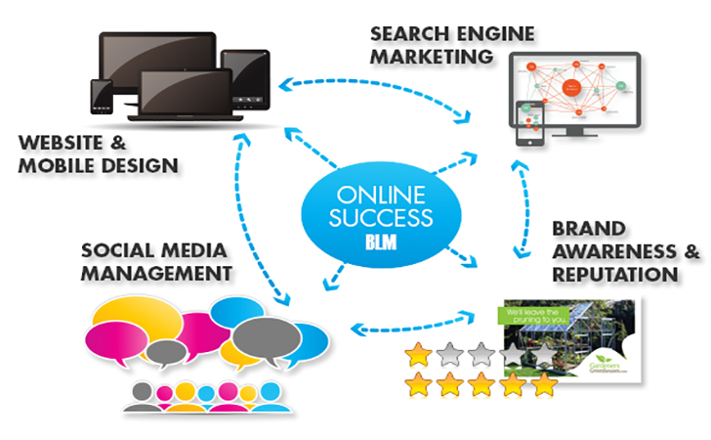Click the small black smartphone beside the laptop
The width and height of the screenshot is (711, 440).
pos(101,97)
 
